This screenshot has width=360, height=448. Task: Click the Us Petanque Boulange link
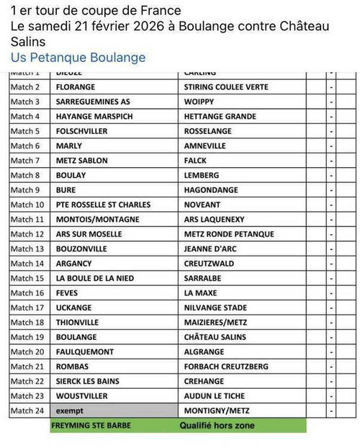[x=78, y=58]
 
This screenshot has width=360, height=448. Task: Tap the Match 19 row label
[x=27, y=337]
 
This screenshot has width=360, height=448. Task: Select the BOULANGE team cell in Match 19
[x=76, y=337]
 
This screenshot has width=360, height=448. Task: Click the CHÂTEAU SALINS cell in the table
[x=215, y=337]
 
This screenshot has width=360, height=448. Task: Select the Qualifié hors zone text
[x=217, y=426]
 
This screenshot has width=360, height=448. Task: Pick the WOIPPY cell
[x=199, y=102]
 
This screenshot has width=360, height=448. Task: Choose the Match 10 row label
[x=27, y=205]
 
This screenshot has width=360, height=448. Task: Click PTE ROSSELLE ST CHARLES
[x=103, y=205]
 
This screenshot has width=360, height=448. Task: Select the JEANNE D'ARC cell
[x=212, y=248]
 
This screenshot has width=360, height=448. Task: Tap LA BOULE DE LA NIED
[x=95, y=278]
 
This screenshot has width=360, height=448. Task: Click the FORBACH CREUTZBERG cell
[x=226, y=367]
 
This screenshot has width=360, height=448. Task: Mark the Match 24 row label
[x=27, y=411]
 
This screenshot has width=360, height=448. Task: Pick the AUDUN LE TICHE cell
[x=215, y=396]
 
